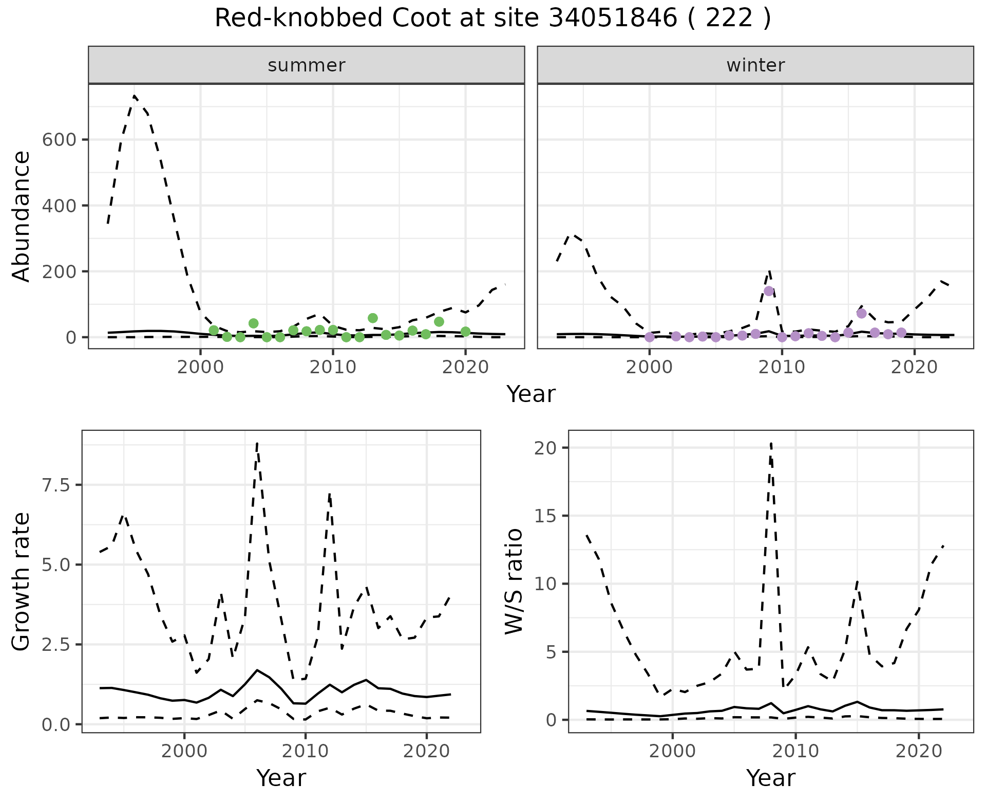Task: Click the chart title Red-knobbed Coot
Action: click(492, 19)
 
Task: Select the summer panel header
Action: click(306, 65)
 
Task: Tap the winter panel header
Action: click(755, 65)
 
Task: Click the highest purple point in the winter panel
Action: click(769, 291)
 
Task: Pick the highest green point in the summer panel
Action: click(373, 318)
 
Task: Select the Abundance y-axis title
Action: click(22, 216)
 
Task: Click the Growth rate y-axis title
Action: click(22, 582)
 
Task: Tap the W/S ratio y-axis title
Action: click(514, 581)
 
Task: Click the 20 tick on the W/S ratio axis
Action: click(545, 448)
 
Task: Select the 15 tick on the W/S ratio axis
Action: click(545, 516)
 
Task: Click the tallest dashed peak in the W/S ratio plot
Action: click(771, 443)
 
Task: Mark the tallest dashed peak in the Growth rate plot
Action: click(257, 443)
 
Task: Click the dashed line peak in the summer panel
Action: click(134, 96)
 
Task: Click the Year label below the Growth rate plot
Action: click(281, 778)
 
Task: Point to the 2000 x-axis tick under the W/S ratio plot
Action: click(672, 751)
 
